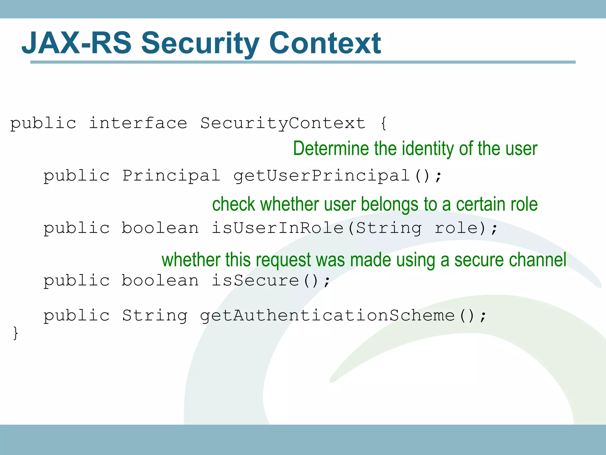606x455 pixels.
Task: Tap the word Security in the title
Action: (x=200, y=43)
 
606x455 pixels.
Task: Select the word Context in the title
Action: (x=325, y=43)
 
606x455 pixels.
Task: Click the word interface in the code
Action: (x=138, y=123)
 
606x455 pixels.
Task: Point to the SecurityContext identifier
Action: (x=283, y=123)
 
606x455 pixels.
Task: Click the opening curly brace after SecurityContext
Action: (x=383, y=123)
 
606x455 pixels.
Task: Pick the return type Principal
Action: (x=171, y=176)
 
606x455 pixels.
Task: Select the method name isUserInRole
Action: (x=277, y=228)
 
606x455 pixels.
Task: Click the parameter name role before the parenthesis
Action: (x=456, y=228)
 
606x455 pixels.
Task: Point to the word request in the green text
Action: (x=283, y=260)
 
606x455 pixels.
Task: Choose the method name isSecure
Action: (x=255, y=281)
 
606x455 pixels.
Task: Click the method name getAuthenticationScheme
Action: (x=327, y=315)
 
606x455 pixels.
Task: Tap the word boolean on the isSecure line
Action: (x=160, y=281)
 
